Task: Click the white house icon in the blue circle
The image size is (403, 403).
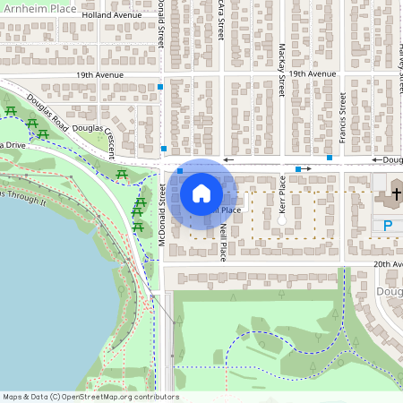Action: pos(201,193)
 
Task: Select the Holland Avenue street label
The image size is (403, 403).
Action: pos(112,15)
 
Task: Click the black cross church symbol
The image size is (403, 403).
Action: pos(396,193)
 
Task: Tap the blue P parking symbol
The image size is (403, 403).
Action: pos(389,227)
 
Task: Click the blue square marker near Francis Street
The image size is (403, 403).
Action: pos(330,158)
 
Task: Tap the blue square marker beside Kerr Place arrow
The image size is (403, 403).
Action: pos(298,168)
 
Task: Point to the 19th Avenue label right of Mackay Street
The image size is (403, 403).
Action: pos(311,74)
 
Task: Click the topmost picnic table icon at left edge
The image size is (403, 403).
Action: pos(11,111)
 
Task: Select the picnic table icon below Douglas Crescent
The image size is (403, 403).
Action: pos(122,174)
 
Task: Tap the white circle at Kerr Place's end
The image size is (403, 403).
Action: pos(281,219)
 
